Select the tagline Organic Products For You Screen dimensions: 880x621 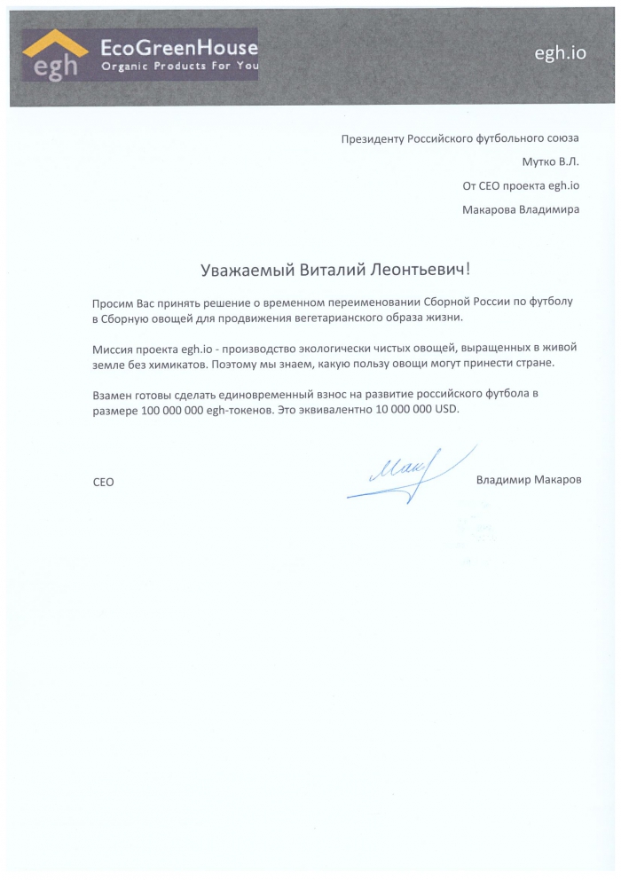(179, 67)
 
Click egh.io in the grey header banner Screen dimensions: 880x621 (560, 53)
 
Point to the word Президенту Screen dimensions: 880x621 (373, 139)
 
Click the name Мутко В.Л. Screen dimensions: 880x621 (550, 162)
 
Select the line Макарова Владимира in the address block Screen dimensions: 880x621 (521, 210)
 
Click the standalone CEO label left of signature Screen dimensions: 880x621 (103, 482)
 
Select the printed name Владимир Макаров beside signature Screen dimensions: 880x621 (529, 480)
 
